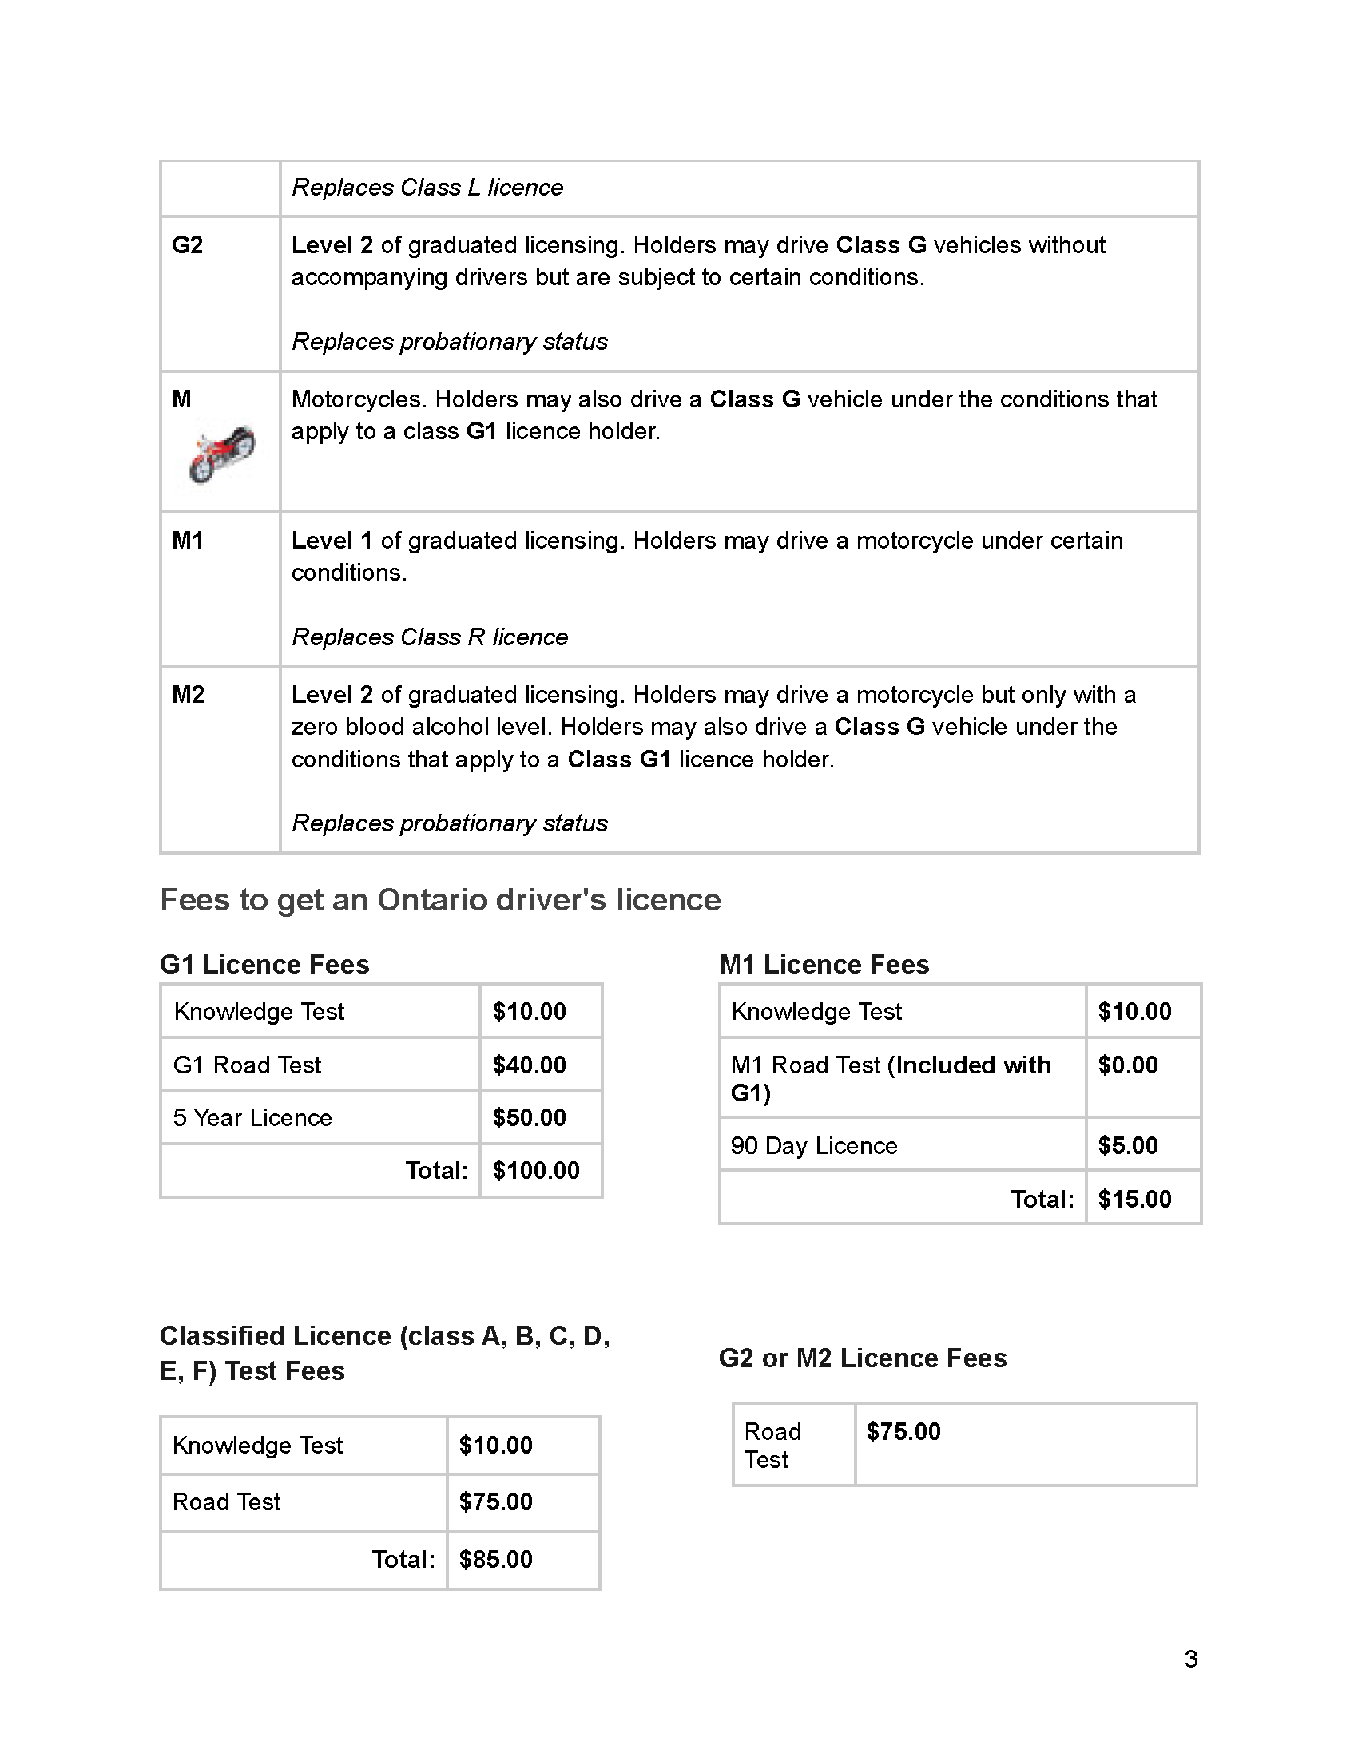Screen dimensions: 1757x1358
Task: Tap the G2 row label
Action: pyautogui.click(x=188, y=244)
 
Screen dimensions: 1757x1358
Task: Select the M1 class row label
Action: pyautogui.click(x=188, y=541)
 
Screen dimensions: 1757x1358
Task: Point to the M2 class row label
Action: pyautogui.click(x=189, y=695)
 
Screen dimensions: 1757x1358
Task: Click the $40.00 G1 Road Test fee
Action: pyautogui.click(x=530, y=1065)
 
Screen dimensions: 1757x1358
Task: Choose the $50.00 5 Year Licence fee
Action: pyautogui.click(x=530, y=1118)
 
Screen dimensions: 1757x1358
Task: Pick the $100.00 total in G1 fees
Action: pyautogui.click(x=536, y=1171)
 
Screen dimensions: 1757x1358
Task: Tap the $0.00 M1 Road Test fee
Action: pyautogui.click(x=1128, y=1065)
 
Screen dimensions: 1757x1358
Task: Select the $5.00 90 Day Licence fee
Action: pyautogui.click(x=1128, y=1145)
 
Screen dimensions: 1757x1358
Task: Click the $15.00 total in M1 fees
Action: pyautogui.click(x=1134, y=1200)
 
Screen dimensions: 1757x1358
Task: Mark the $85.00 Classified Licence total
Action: pyautogui.click(x=495, y=1560)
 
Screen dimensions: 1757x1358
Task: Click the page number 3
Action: pyautogui.click(x=1192, y=1659)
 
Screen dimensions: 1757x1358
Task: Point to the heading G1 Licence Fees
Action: pyautogui.click(x=264, y=965)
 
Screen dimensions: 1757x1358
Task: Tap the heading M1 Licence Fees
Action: pyautogui.click(x=824, y=965)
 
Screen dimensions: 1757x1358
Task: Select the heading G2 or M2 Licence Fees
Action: pyautogui.click(x=863, y=1358)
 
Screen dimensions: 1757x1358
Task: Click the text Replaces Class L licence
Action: pyautogui.click(x=427, y=188)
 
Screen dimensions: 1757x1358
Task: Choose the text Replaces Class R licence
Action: pyautogui.click(x=430, y=637)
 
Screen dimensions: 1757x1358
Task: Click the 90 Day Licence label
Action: pyautogui.click(x=814, y=1145)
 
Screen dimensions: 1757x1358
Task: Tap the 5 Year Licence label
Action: pyautogui.click(x=252, y=1118)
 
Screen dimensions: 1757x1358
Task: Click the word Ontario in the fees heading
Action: pyautogui.click(x=432, y=900)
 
